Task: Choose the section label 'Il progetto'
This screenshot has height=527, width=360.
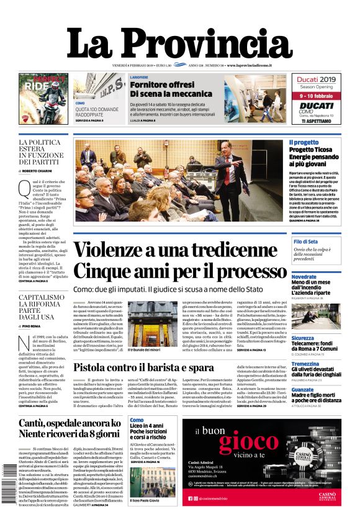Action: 304,143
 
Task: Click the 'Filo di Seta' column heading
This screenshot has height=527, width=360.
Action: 305,241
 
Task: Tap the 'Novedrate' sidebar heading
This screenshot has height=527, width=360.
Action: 304,276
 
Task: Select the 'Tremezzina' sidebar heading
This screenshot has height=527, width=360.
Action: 306,364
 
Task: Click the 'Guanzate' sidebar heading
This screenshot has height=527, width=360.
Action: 304,389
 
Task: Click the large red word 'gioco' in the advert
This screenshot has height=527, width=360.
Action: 248,443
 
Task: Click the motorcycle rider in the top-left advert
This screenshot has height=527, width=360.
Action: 52,93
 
